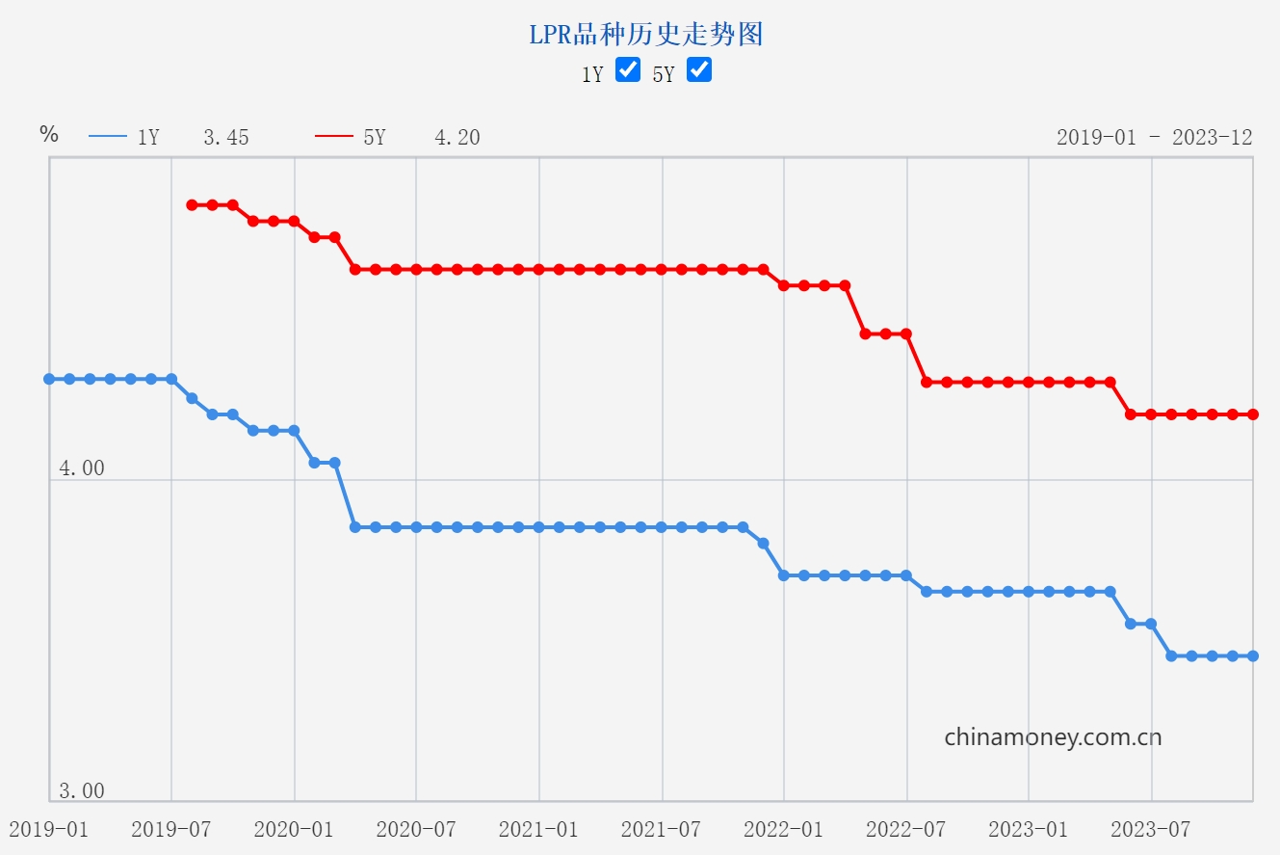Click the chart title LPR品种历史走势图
click(x=645, y=35)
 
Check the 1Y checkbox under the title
click(x=628, y=69)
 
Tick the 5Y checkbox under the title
click(x=699, y=69)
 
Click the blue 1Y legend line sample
click(x=108, y=137)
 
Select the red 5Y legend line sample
click(x=334, y=137)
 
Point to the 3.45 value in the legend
click(x=225, y=138)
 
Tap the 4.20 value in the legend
click(x=457, y=138)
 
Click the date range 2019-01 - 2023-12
click(x=1154, y=137)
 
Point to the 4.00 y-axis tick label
click(x=82, y=468)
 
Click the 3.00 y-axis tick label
click(x=82, y=791)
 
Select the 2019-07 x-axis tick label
click(x=170, y=829)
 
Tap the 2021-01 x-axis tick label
click(x=538, y=829)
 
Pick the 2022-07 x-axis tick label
click(x=906, y=829)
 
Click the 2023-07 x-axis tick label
click(x=1151, y=829)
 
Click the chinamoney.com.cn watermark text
click(x=1053, y=737)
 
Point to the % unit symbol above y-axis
click(x=49, y=134)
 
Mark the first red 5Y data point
click(x=192, y=204)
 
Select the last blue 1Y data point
click(x=1253, y=655)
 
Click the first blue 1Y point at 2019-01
click(x=49, y=379)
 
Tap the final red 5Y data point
click(x=1253, y=414)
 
